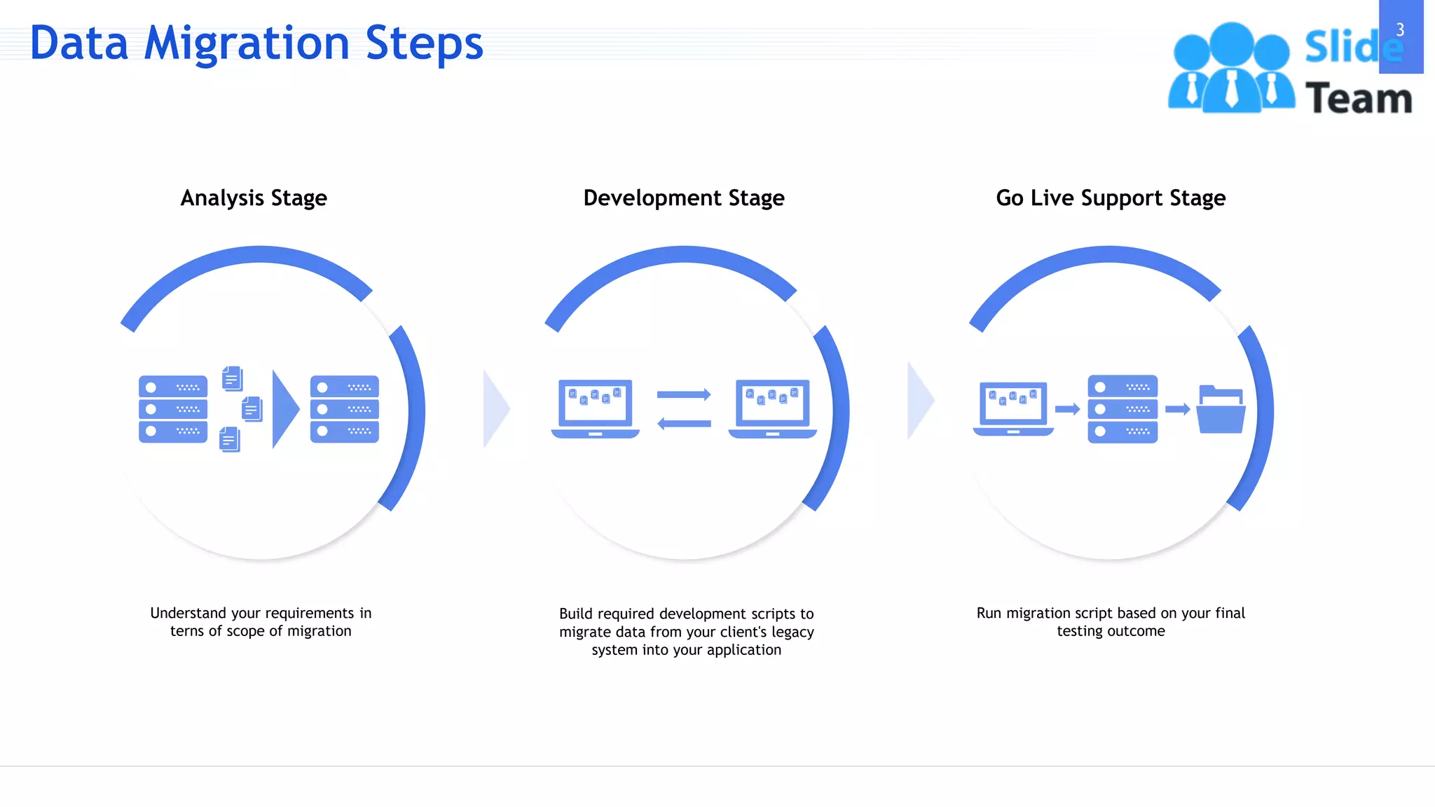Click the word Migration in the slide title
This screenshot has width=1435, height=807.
click(x=247, y=43)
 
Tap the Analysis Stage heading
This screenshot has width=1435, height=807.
click(x=254, y=198)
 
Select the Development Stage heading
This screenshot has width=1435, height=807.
click(x=683, y=198)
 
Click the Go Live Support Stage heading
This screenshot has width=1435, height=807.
click(x=1111, y=198)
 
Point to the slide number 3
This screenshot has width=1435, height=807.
click(x=1400, y=30)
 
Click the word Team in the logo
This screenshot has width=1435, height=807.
click(x=1358, y=98)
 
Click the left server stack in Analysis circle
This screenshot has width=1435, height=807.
click(x=173, y=409)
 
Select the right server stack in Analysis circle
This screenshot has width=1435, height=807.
click(x=344, y=409)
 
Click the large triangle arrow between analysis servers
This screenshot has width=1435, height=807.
click(x=284, y=409)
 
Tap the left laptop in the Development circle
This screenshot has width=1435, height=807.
click(x=596, y=408)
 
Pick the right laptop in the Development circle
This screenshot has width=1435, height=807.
click(x=772, y=408)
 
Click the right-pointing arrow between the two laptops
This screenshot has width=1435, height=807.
click(x=684, y=395)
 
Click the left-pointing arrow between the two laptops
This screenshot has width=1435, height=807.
click(x=684, y=423)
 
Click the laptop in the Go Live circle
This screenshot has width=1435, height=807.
click(x=1013, y=408)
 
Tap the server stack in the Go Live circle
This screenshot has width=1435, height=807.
click(x=1122, y=409)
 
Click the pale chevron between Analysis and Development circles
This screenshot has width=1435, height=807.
click(x=495, y=409)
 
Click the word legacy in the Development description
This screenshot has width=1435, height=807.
click(x=792, y=632)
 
